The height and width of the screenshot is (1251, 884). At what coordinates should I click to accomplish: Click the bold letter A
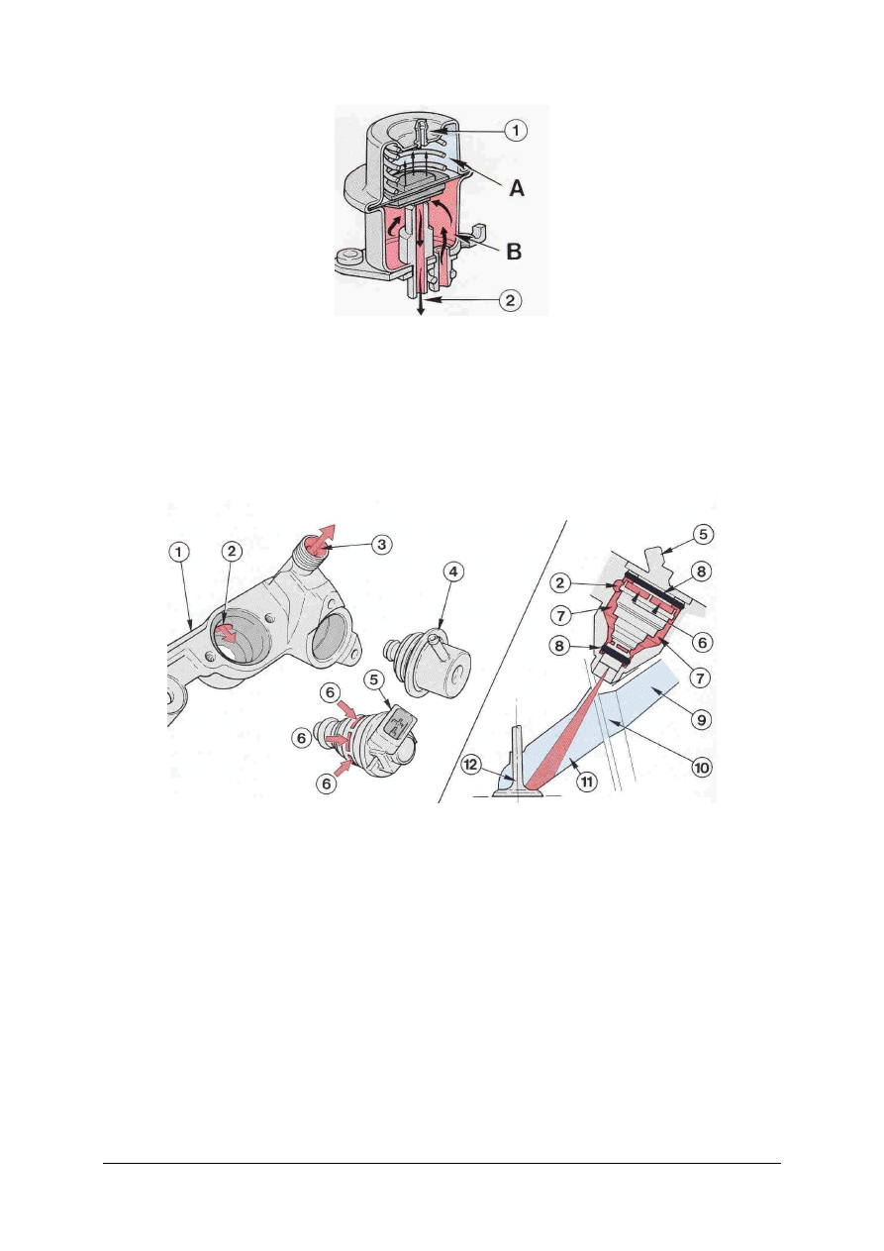click(x=517, y=188)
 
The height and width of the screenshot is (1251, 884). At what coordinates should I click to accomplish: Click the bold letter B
click(x=514, y=252)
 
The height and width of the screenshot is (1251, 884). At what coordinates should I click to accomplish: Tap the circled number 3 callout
click(x=382, y=544)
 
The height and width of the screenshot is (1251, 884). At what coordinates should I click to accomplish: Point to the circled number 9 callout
click(x=702, y=719)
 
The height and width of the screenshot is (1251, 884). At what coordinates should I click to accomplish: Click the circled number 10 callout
click(x=702, y=768)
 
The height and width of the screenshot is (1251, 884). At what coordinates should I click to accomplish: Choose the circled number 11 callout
click(x=587, y=782)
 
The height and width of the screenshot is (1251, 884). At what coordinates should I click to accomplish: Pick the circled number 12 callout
click(x=471, y=765)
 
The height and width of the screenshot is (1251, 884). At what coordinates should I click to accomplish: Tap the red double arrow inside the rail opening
click(x=228, y=635)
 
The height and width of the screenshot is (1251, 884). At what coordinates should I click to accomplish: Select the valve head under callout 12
click(x=518, y=789)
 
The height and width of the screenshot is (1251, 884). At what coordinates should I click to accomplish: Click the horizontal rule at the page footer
click(x=442, y=1163)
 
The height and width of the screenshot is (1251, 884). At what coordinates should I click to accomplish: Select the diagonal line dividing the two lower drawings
click(x=502, y=662)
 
